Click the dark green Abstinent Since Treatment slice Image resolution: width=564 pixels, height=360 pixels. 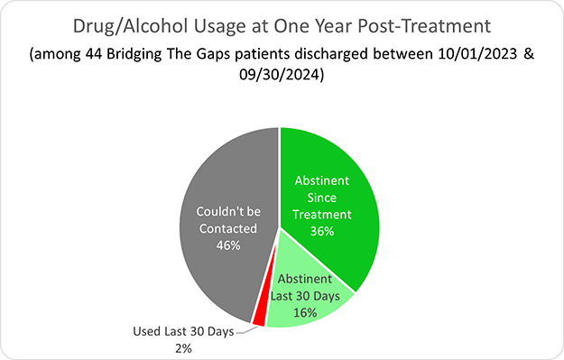[x=334, y=180]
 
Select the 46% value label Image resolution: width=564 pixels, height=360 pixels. [x=227, y=245]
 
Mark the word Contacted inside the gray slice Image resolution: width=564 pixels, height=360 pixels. [x=227, y=229]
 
